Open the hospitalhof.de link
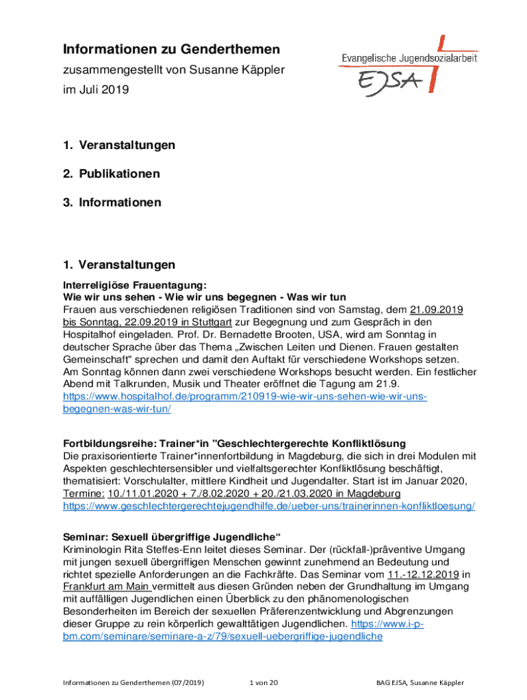point(244,396)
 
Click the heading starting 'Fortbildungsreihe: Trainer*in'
point(235,443)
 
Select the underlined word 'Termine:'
point(84,494)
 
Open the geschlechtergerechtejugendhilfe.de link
point(269,507)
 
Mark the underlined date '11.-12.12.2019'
point(423,574)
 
